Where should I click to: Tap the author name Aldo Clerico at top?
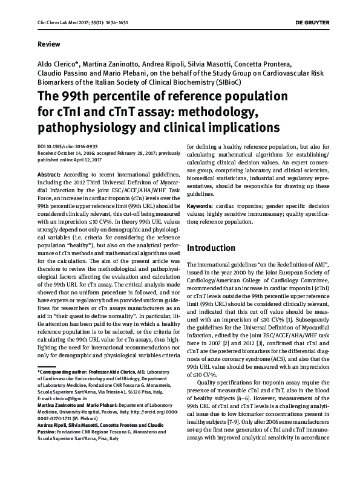57,65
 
